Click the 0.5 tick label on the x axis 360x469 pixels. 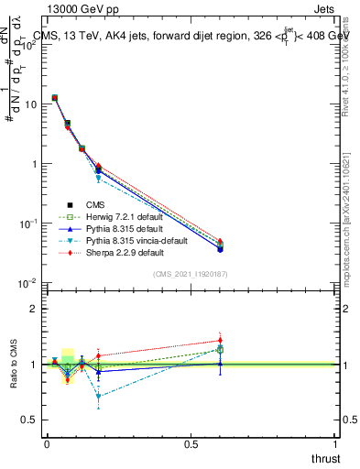point(191,443)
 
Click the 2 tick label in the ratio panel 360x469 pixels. point(35,309)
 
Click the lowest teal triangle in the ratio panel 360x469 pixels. point(98,397)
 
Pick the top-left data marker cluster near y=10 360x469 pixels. point(55,97)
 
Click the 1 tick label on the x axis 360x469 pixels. point(335,443)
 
